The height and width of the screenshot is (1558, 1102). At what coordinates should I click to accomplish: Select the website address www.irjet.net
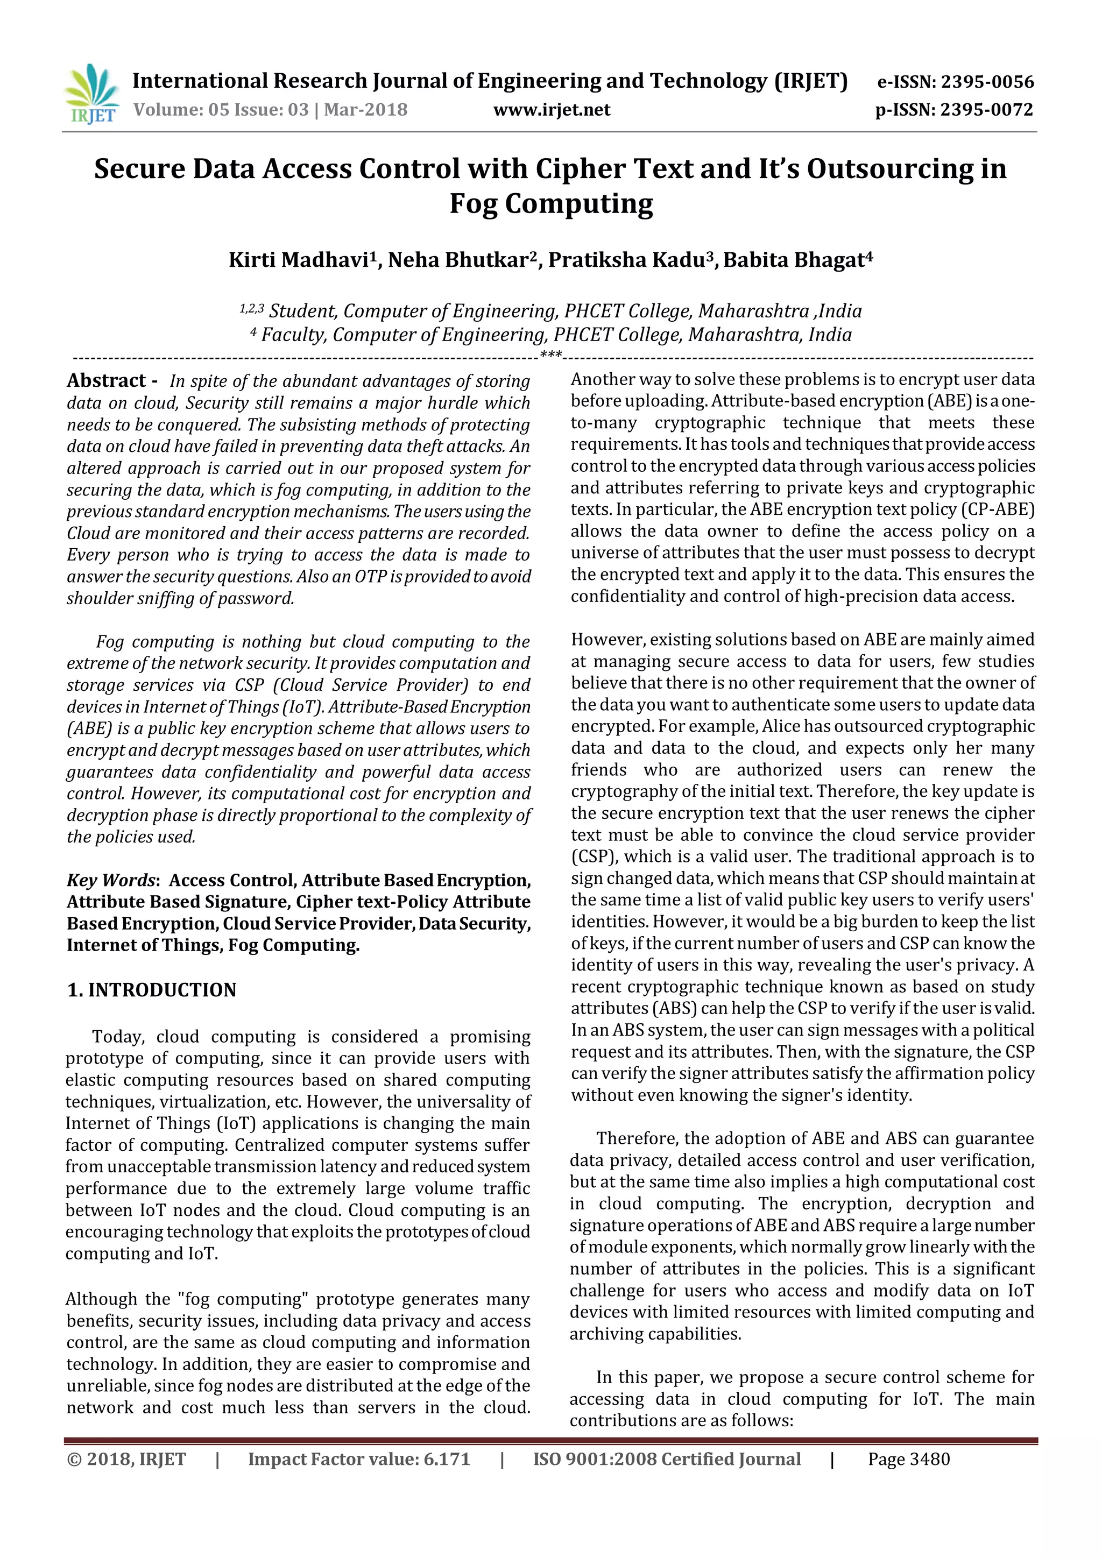point(551,110)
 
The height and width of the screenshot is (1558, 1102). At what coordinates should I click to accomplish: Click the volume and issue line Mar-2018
point(270,110)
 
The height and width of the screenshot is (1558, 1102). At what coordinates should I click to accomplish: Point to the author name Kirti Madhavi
point(299,260)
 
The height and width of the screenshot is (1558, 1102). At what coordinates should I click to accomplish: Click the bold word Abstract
point(107,381)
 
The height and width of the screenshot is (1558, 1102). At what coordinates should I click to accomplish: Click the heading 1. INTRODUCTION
point(151,990)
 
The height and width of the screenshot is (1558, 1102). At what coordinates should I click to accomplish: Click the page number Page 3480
point(909,1459)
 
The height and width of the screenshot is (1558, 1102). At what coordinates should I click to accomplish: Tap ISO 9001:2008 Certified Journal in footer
point(666,1459)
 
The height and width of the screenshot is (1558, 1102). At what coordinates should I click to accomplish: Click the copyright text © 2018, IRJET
point(126,1459)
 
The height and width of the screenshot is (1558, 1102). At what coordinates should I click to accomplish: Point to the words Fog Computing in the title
point(551,203)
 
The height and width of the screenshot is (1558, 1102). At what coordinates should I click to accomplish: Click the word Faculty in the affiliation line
point(293,335)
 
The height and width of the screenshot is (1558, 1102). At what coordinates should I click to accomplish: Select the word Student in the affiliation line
point(301,311)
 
